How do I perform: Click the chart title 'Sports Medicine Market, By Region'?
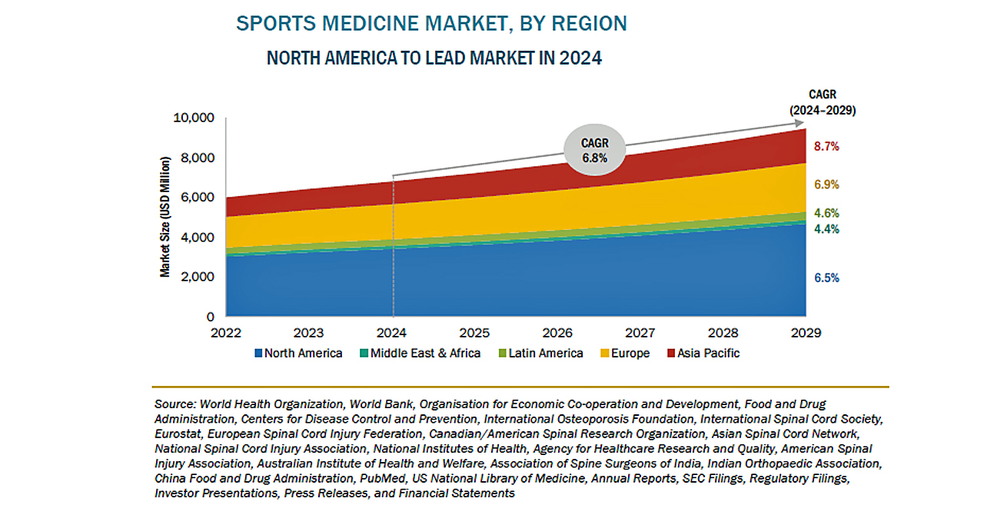pos(431,24)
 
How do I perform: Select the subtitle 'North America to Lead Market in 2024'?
pos(434,58)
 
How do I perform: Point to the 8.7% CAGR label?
pos(826,146)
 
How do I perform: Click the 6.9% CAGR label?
pos(826,184)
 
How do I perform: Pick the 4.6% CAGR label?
pos(826,214)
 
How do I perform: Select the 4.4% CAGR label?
pos(826,229)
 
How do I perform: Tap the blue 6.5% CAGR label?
pos(826,278)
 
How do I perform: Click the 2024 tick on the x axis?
pos(393,334)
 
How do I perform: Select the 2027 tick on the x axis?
pos(640,334)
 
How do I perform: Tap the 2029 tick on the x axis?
pos(806,334)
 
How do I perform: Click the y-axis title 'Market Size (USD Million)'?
pos(165,217)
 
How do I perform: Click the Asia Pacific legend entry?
pos(703,354)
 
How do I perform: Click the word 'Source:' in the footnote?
pos(176,404)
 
